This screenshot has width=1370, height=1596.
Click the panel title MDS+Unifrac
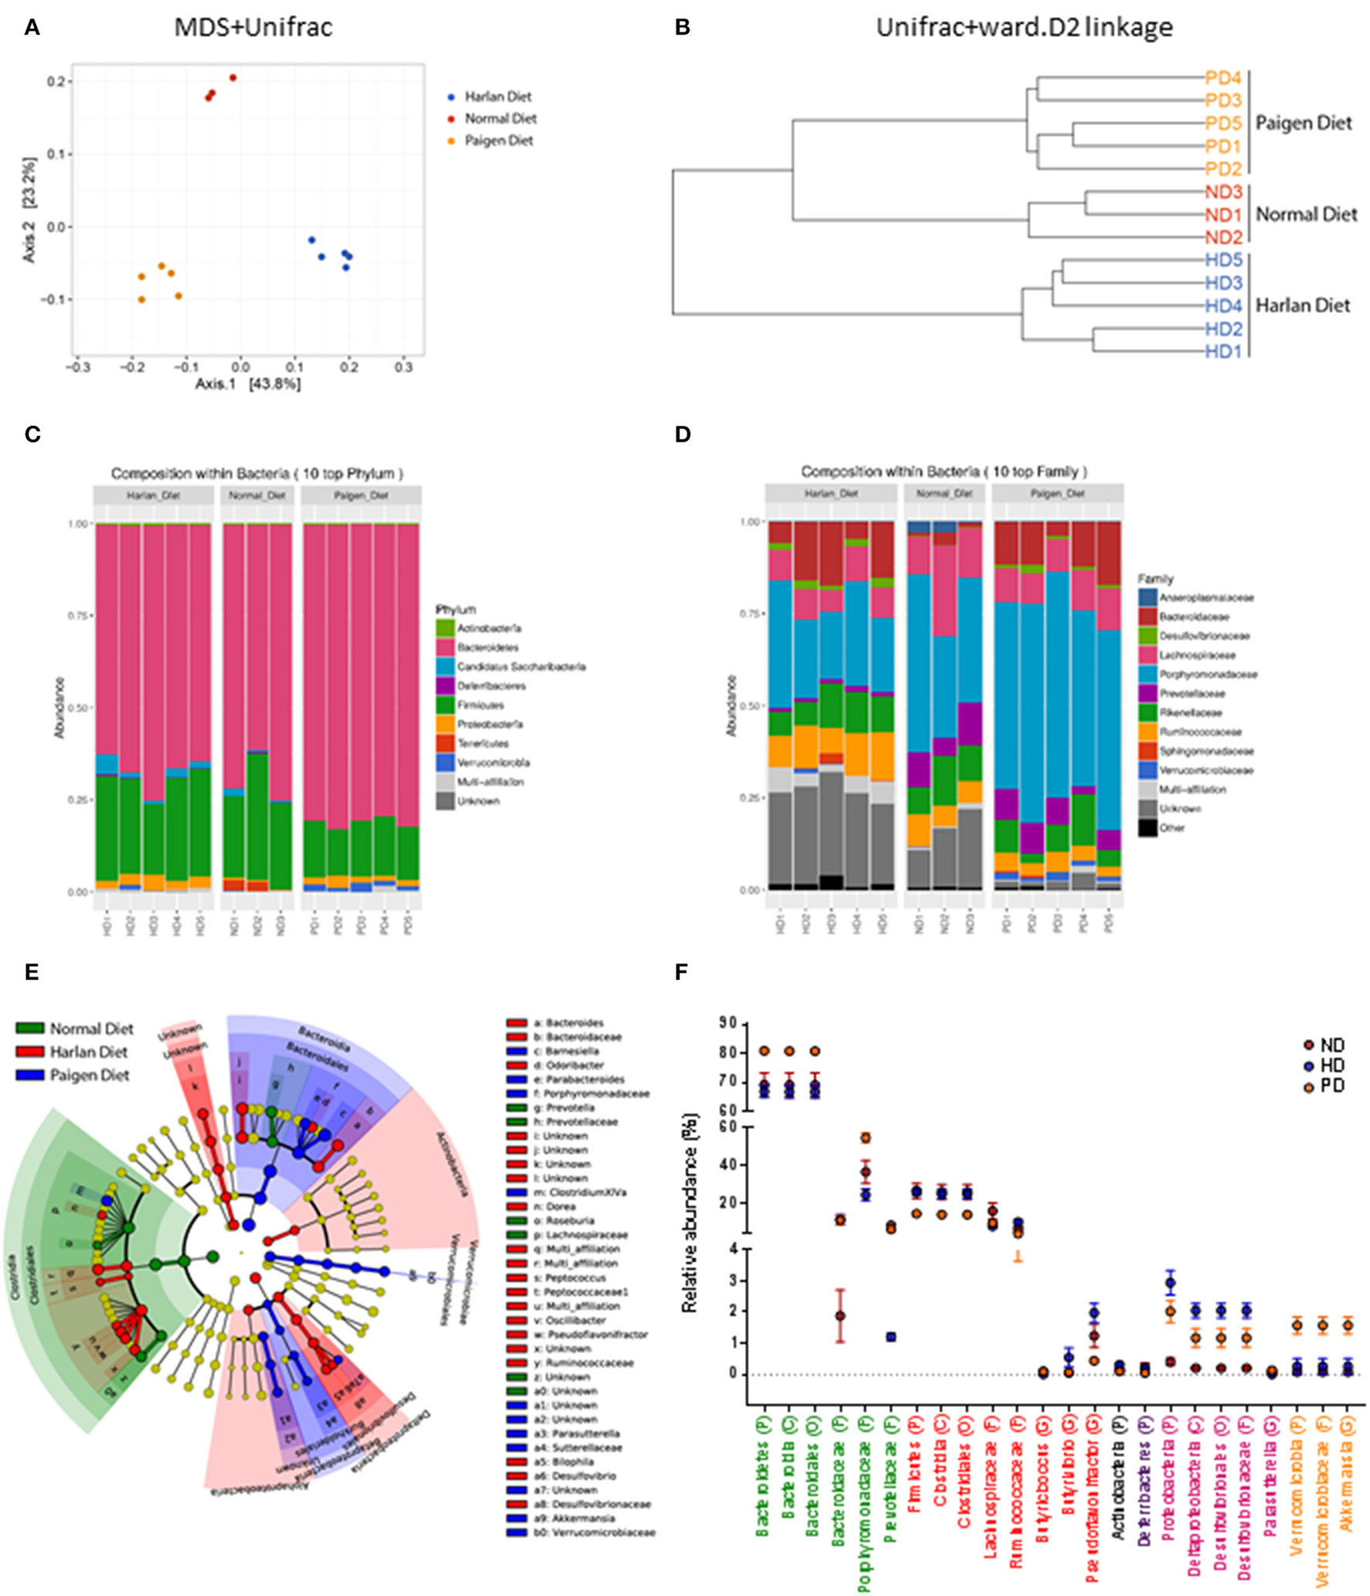click(x=253, y=28)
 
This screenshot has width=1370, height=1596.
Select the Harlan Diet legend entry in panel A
click(x=497, y=97)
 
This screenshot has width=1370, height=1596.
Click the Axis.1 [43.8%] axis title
click(x=247, y=384)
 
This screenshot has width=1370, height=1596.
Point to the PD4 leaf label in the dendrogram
click(x=1222, y=78)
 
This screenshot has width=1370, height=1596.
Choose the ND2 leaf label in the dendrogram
click(x=1222, y=237)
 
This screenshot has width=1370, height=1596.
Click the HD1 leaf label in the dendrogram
click(x=1222, y=351)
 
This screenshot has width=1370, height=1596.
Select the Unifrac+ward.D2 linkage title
click(x=1024, y=28)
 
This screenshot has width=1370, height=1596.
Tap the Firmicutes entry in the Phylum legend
click(x=479, y=705)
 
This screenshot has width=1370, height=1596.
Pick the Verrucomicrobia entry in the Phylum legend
click(x=492, y=762)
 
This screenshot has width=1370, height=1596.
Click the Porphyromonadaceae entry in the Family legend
click(x=1208, y=674)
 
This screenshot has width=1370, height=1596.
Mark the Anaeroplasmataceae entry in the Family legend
click(x=1206, y=598)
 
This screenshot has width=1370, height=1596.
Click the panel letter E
click(x=32, y=972)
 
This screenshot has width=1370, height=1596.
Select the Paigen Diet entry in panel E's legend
click(x=89, y=1075)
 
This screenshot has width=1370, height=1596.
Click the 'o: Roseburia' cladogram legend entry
click(x=559, y=1220)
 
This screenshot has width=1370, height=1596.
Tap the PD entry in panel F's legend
click(x=1332, y=1086)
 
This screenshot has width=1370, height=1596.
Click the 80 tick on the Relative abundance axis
click(x=729, y=1053)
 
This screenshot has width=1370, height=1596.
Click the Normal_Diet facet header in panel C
click(x=257, y=495)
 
